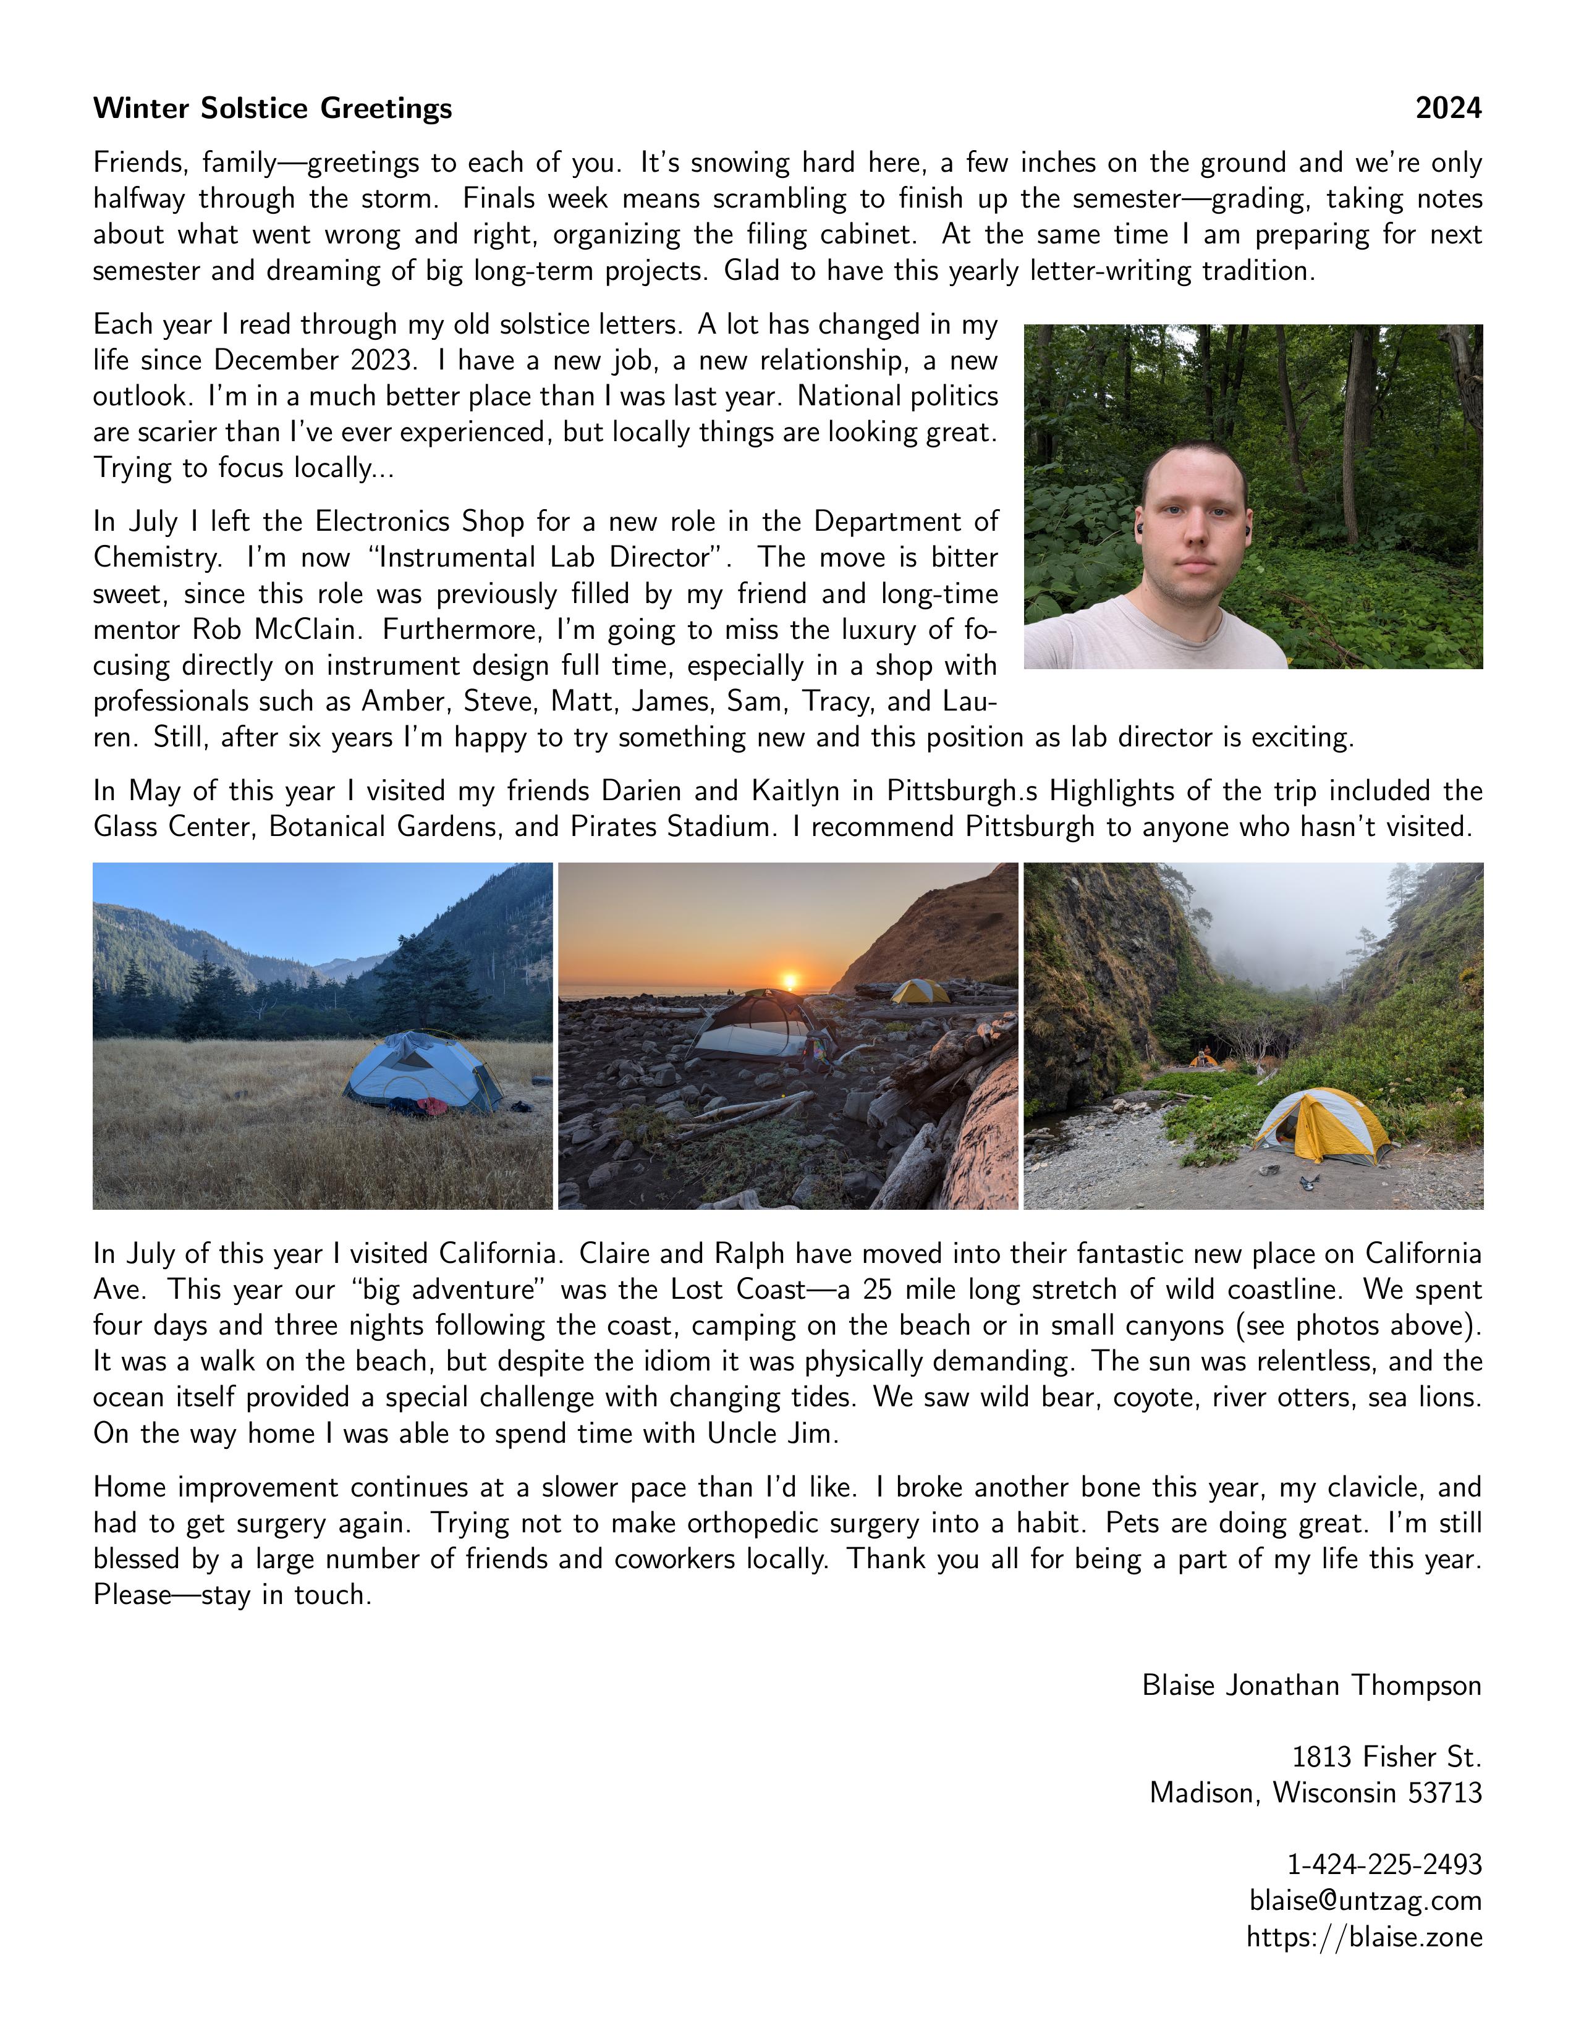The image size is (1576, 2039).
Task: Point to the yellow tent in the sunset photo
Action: (x=920, y=992)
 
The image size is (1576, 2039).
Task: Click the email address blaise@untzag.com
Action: (x=1365, y=1901)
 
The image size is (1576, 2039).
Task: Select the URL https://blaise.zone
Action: (x=1364, y=1937)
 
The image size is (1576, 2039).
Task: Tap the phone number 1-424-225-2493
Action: (x=1384, y=1864)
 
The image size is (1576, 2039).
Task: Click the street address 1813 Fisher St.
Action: (x=1386, y=1757)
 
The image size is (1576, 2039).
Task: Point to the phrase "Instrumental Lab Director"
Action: (x=550, y=557)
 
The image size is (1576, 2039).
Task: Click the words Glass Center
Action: (x=172, y=827)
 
